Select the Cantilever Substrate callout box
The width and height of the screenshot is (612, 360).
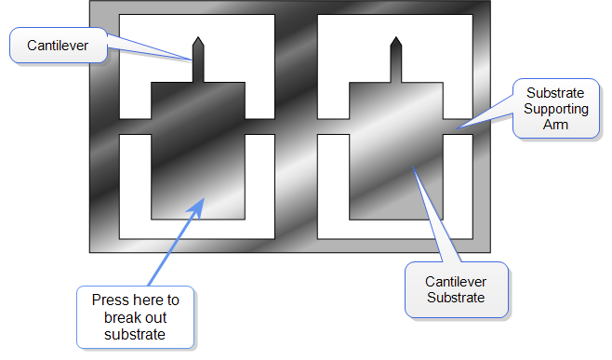pyautogui.click(x=456, y=289)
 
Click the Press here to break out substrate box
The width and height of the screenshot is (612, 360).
pyautogui.click(x=136, y=317)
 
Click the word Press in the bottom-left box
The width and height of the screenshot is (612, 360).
pyautogui.click(x=108, y=300)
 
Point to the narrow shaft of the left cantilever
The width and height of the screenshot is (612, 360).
pyautogui.click(x=197, y=65)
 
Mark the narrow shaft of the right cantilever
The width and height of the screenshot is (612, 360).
pyautogui.click(x=395, y=65)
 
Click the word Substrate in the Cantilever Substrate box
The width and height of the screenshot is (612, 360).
pyautogui.click(x=456, y=298)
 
